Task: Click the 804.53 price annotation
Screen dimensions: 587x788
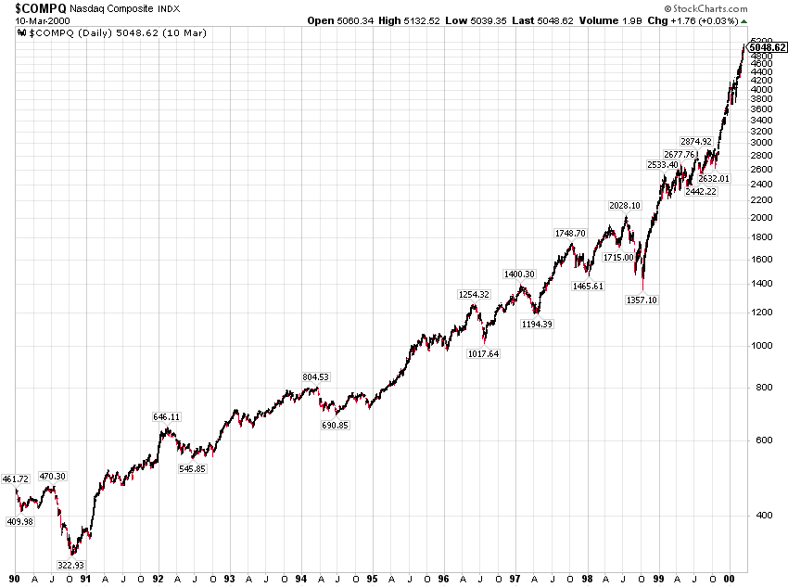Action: point(316,377)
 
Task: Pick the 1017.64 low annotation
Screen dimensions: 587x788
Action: point(482,354)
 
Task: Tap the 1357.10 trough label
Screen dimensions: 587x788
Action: point(642,300)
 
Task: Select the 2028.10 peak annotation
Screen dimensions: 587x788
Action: point(624,206)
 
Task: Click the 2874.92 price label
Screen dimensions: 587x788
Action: point(695,142)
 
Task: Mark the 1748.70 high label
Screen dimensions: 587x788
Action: point(570,234)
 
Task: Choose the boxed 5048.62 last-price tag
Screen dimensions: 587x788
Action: point(767,46)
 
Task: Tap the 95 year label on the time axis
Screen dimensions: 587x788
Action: point(371,579)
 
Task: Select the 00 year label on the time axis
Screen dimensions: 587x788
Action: point(729,579)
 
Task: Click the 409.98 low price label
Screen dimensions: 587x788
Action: point(19,522)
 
